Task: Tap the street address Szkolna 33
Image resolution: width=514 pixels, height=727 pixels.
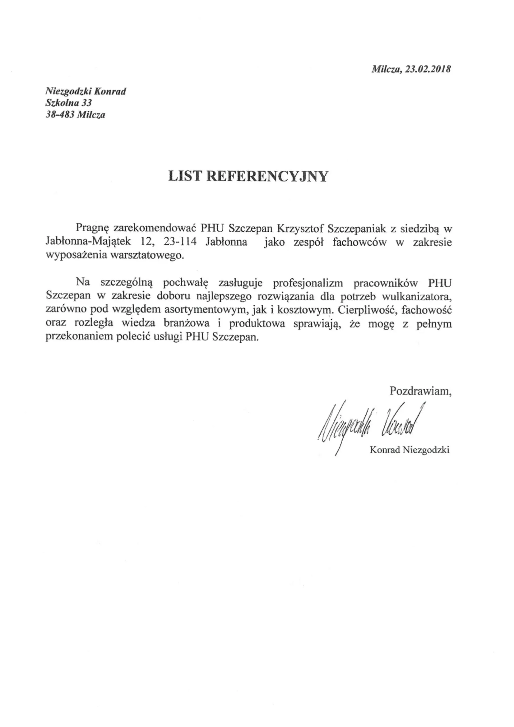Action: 69,103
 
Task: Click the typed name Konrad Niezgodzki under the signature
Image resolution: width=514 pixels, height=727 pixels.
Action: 409,450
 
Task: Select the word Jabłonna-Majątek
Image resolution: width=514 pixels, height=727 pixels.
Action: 88,242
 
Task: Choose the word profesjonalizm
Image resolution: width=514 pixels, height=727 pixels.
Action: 308,283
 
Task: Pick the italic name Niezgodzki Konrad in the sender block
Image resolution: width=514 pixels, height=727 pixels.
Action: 86,91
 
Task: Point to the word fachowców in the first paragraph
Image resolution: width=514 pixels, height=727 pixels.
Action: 359,242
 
